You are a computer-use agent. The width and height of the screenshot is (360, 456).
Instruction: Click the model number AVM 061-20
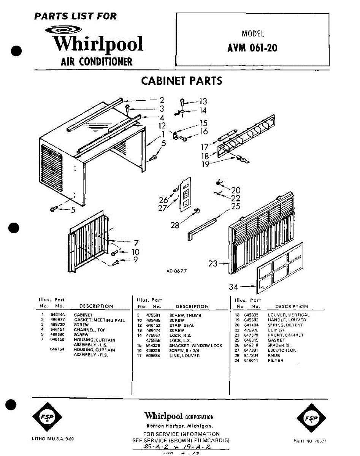click(252, 48)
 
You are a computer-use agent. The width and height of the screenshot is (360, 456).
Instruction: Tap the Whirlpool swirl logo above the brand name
click(63, 30)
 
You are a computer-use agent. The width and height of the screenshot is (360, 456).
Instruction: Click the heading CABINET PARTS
click(181, 81)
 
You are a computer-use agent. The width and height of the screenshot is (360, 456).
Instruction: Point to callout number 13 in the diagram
click(203, 101)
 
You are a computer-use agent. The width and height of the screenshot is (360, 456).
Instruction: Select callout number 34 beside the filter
click(234, 287)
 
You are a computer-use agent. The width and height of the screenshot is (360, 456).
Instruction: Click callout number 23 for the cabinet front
click(213, 263)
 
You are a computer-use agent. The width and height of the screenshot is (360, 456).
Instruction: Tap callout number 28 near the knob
click(175, 225)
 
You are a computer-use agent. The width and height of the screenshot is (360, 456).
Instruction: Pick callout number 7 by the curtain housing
click(136, 242)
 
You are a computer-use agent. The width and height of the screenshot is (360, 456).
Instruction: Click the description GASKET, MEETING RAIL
click(99, 320)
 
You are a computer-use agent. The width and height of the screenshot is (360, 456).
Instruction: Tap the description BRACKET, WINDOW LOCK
click(196, 345)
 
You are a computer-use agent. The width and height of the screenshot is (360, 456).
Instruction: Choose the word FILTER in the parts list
click(276, 360)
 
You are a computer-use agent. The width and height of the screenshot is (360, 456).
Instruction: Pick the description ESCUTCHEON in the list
click(282, 350)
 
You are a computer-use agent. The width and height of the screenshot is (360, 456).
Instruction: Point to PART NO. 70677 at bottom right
click(310, 441)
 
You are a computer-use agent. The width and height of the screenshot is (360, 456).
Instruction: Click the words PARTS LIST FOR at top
click(75, 16)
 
